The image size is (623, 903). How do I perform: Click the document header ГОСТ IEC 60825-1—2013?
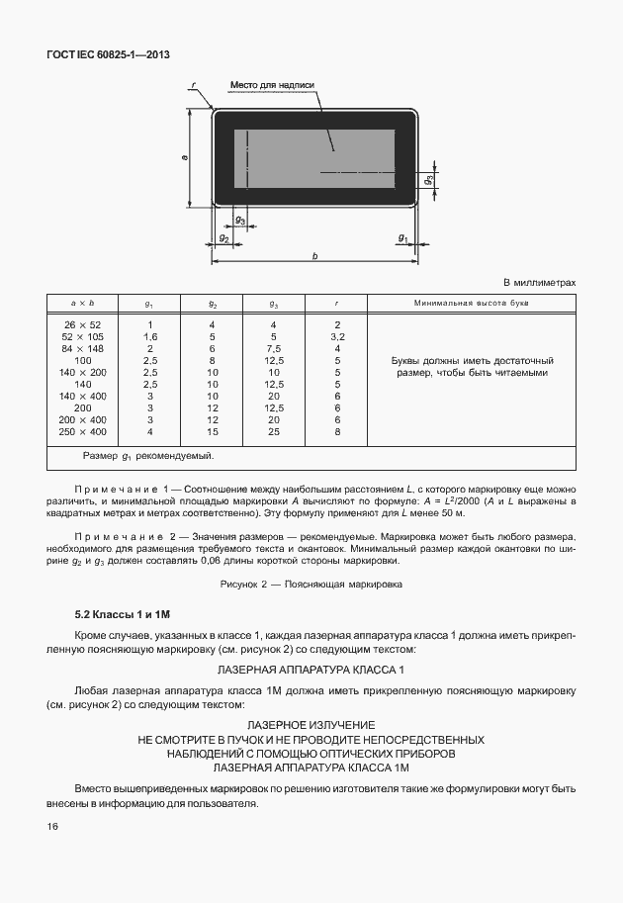tap(109, 55)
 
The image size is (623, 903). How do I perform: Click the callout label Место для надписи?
tap(272, 85)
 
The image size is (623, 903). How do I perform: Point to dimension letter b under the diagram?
tap(314, 256)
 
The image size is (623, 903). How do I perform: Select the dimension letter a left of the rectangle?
tap(186, 157)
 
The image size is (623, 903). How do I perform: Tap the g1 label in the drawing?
tap(402, 237)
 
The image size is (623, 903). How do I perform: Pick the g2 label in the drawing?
tap(223, 238)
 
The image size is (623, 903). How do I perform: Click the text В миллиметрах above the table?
tap(540, 282)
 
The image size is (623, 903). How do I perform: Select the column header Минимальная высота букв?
tap(472, 302)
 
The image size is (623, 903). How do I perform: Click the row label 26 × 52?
tap(83, 324)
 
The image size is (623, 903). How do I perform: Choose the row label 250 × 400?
tap(83, 431)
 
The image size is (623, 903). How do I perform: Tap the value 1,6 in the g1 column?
tap(150, 336)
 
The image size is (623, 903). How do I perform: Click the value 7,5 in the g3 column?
tap(274, 348)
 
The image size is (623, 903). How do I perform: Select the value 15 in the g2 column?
tap(213, 431)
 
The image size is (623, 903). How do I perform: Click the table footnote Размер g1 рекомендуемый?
tap(148, 457)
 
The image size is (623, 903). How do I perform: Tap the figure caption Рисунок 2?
tap(311, 585)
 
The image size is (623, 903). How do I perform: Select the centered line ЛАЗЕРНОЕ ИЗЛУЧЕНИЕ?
tap(311, 725)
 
